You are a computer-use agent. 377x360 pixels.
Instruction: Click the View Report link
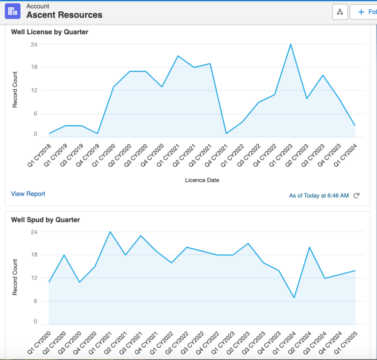[x=28, y=194]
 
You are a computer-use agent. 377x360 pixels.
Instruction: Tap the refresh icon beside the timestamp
[x=357, y=195]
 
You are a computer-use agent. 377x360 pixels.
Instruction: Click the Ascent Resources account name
[x=64, y=15]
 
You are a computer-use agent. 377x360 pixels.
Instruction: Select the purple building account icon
[x=13, y=11]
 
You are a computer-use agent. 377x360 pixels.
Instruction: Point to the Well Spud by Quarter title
[x=45, y=220]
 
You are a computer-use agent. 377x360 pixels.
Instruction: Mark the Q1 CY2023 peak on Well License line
[x=291, y=44]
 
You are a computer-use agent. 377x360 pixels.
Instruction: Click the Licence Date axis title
[x=202, y=180]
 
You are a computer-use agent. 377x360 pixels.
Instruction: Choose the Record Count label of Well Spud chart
[x=15, y=277]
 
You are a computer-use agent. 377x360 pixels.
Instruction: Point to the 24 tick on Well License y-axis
[x=34, y=44]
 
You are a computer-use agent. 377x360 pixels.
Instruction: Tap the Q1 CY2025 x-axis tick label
[x=347, y=341]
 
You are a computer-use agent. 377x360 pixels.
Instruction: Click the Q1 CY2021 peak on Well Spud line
[x=110, y=232]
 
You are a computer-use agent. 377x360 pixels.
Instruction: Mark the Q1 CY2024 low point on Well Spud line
[x=294, y=298]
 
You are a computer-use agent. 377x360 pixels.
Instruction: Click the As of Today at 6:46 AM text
[x=319, y=195]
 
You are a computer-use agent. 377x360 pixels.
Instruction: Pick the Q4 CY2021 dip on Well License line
[x=226, y=133]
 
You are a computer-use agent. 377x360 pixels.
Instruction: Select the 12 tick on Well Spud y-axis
[x=34, y=278]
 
